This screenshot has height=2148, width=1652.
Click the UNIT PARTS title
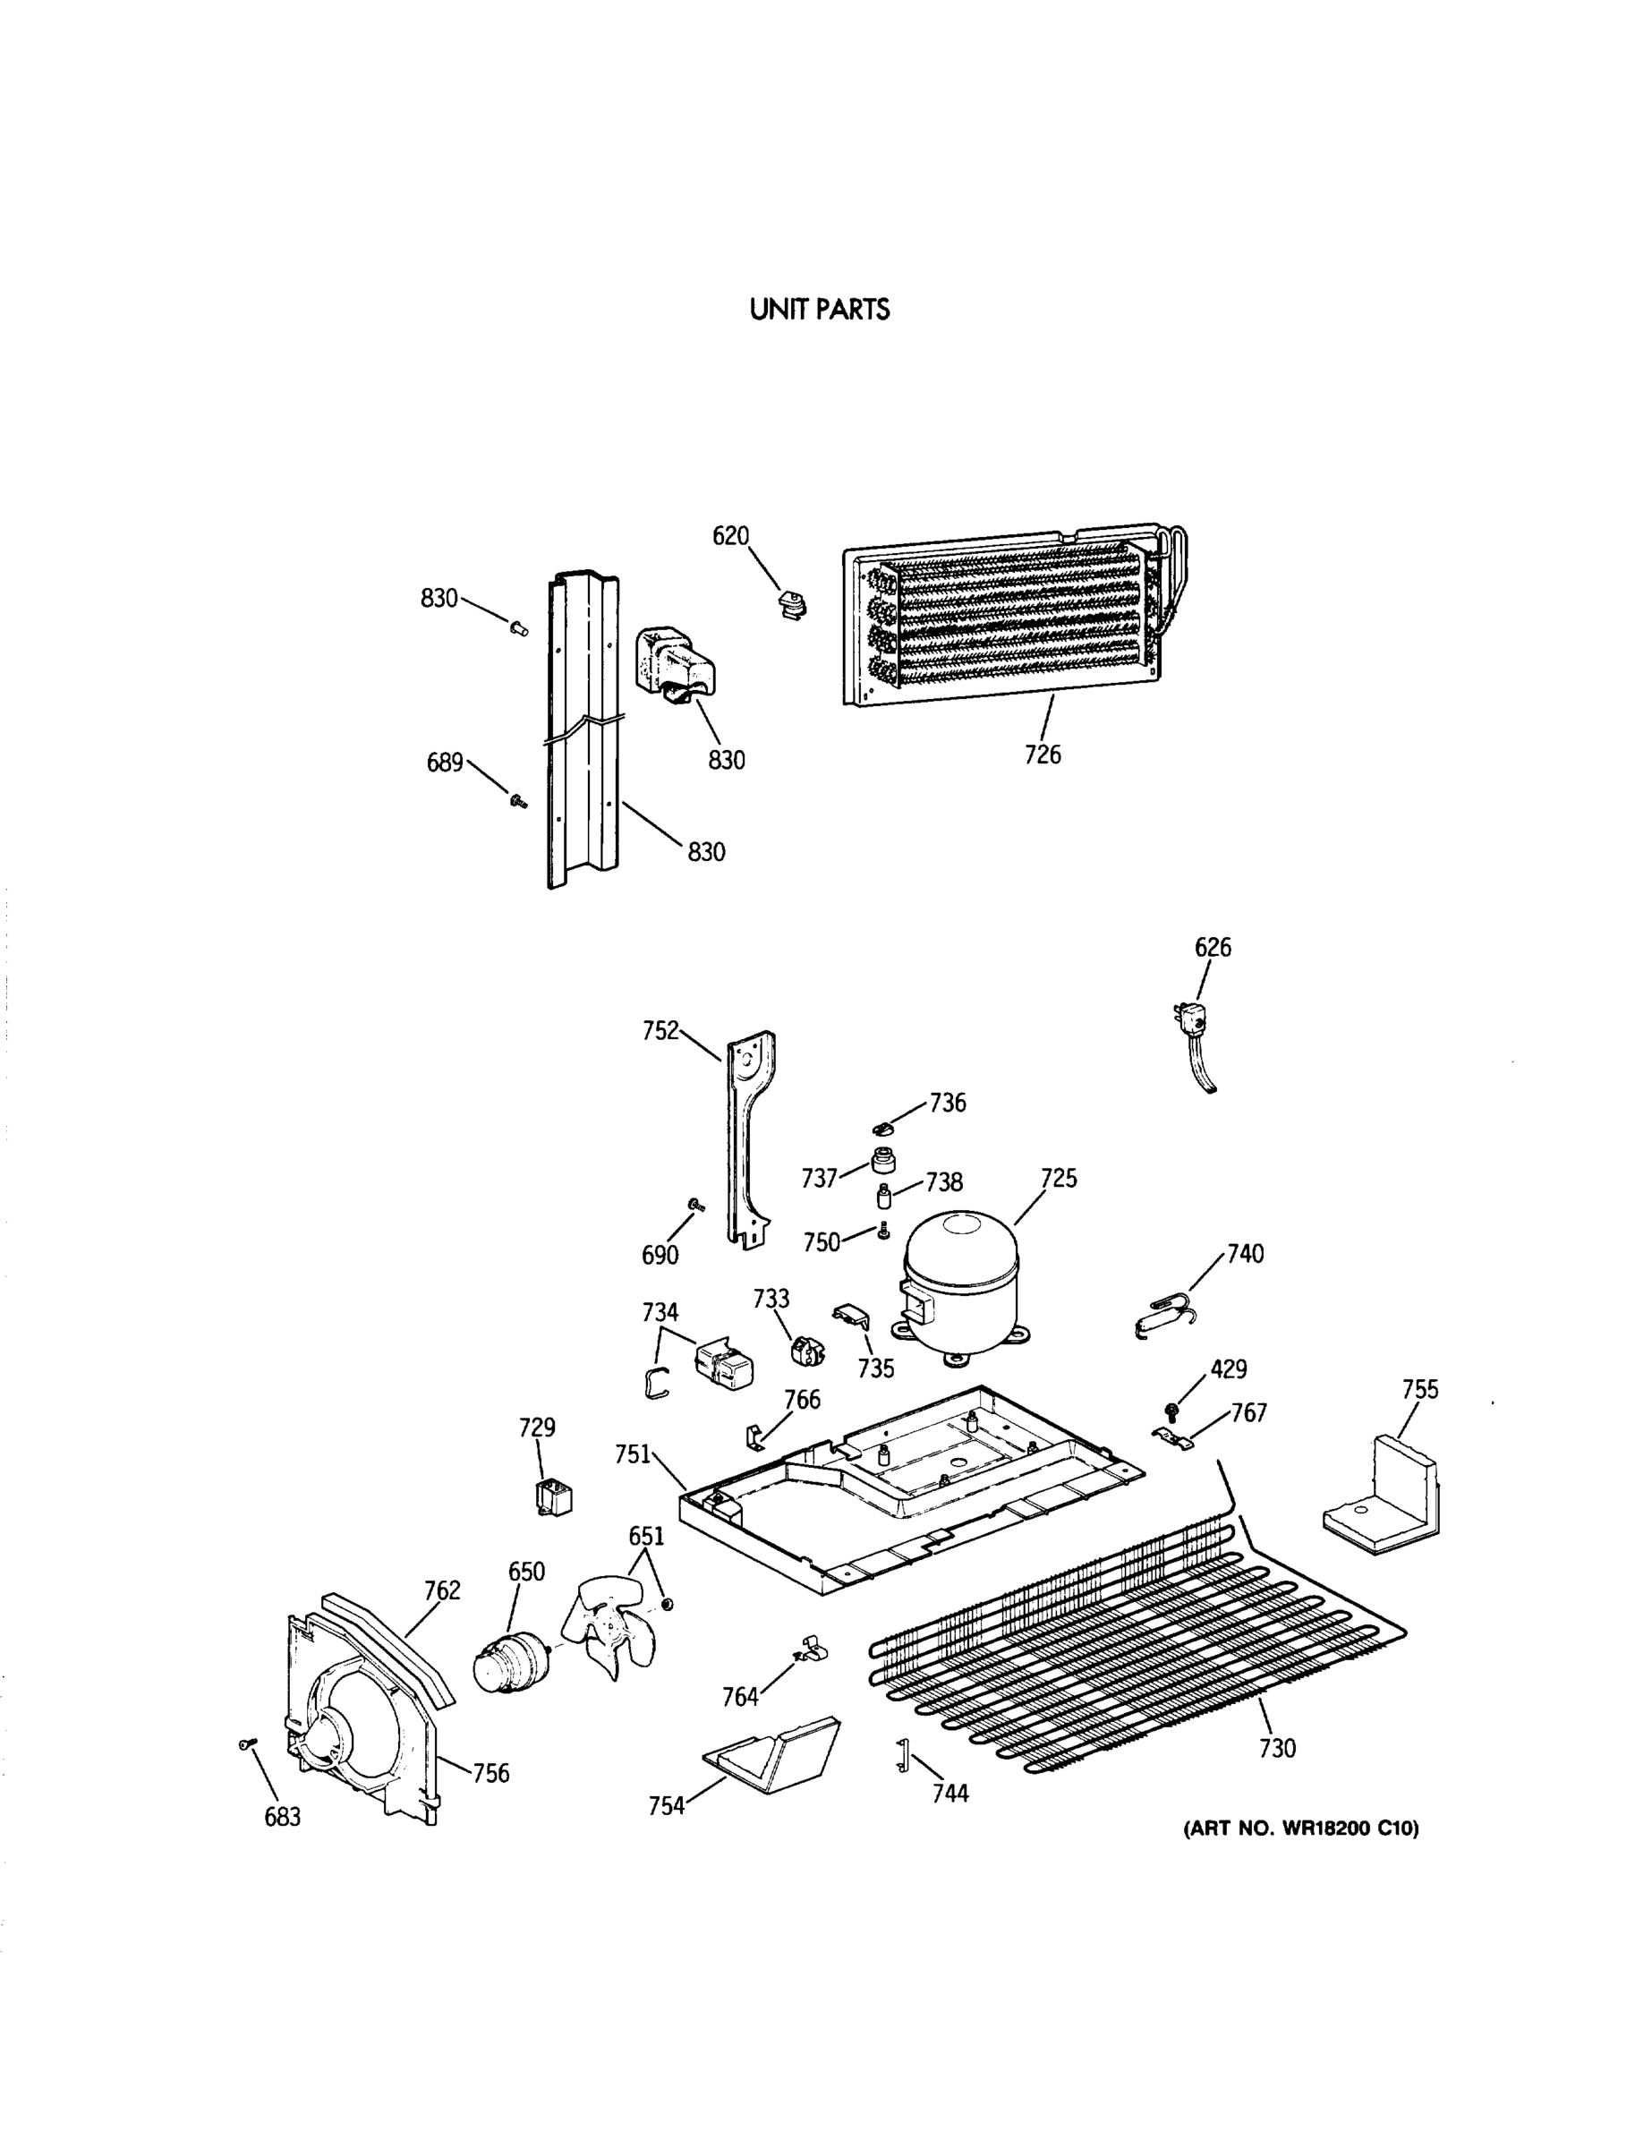point(819,310)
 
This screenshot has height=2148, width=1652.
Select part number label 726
point(1043,754)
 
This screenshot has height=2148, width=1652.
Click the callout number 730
point(1277,1749)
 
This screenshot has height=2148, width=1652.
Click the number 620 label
point(730,536)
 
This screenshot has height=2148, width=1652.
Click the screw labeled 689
point(516,801)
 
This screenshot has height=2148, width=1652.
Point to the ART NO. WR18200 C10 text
point(1300,1829)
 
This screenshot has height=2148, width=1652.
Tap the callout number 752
point(660,1031)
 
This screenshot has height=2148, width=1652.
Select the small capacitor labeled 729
point(554,1499)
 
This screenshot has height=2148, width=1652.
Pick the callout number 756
point(490,1773)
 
